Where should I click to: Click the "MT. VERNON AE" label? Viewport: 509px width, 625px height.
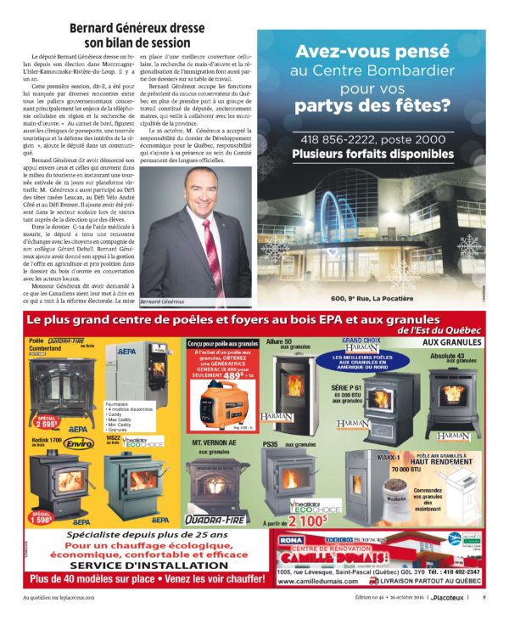(x=207, y=442)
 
